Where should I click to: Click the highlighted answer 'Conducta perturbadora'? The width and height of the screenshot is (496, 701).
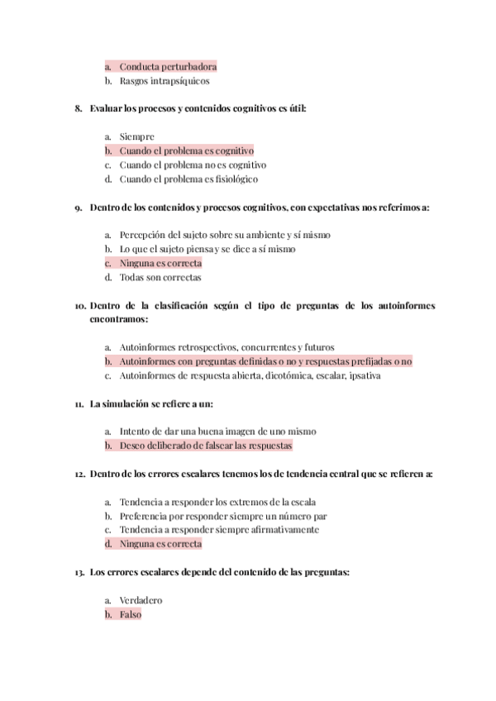pyautogui.click(x=168, y=66)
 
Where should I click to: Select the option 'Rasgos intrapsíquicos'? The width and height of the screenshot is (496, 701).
pyautogui.click(x=165, y=81)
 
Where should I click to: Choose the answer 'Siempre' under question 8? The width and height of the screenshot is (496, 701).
pyautogui.click(x=136, y=136)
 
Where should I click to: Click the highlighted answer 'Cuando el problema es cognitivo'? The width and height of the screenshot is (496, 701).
pyautogui.click(x=186, y=151)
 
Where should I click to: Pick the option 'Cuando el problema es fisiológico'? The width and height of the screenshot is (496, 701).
pyautogui.click(x=188, y=179)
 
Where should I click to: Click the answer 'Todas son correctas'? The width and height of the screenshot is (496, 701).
pyautogui.click(x=160, y=278)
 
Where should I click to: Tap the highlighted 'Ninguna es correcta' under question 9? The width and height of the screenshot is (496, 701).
pyautogui.click(x=160, y=263)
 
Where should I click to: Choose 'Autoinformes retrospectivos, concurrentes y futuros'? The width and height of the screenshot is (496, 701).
pyautogui.click(x=227, y=347)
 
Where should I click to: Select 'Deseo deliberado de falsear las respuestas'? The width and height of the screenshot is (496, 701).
pyautogui.click(x=206, y=446)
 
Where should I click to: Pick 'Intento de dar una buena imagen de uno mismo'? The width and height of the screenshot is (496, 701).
pyautogui.click(x=217, y=432)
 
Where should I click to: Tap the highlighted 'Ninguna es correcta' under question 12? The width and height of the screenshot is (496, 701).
pyautogui.click(x=160, y=544)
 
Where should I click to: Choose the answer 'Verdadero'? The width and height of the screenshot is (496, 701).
pyautogui.click(x=141, y=600)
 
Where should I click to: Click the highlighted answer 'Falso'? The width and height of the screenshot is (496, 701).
pyautogui.click(x=131, y=615)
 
